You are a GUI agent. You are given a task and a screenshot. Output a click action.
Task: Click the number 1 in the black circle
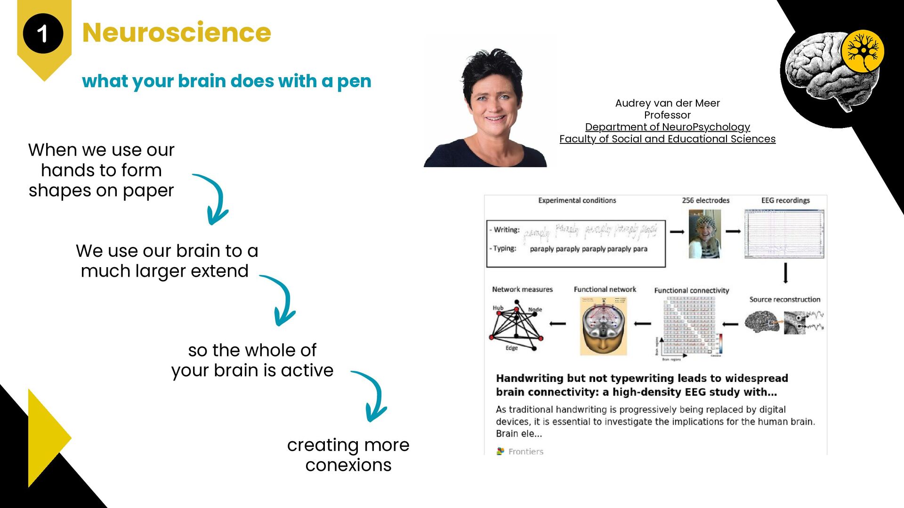tap(42, 34)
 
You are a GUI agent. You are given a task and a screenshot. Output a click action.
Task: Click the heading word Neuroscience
tap(177, 32)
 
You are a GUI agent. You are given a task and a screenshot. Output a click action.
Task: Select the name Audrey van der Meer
tap(667, 103)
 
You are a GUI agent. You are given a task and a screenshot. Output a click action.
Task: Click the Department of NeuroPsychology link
tap(667, 127)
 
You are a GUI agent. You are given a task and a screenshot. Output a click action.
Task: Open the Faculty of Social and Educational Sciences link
tap(667, 139)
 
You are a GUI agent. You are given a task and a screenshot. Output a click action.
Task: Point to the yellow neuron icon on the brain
tap(863, 51)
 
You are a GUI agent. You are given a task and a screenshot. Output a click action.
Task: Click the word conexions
tap(348, 465)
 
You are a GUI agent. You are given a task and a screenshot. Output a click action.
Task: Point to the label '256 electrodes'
tap(705, 200)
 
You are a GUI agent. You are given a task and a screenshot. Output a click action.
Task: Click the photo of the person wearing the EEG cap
tap(704, 234)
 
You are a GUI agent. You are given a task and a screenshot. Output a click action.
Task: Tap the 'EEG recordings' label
tap(785, 200)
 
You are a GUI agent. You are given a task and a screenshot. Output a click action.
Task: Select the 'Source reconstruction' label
tap(784, 300)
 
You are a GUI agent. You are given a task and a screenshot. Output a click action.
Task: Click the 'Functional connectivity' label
tap(691, 291)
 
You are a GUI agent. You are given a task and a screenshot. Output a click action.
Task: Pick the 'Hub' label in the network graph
tap(498, 308)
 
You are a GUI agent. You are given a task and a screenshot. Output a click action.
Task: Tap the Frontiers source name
tap(525, 452)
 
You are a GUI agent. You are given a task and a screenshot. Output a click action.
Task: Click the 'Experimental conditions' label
tap(577, 200)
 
